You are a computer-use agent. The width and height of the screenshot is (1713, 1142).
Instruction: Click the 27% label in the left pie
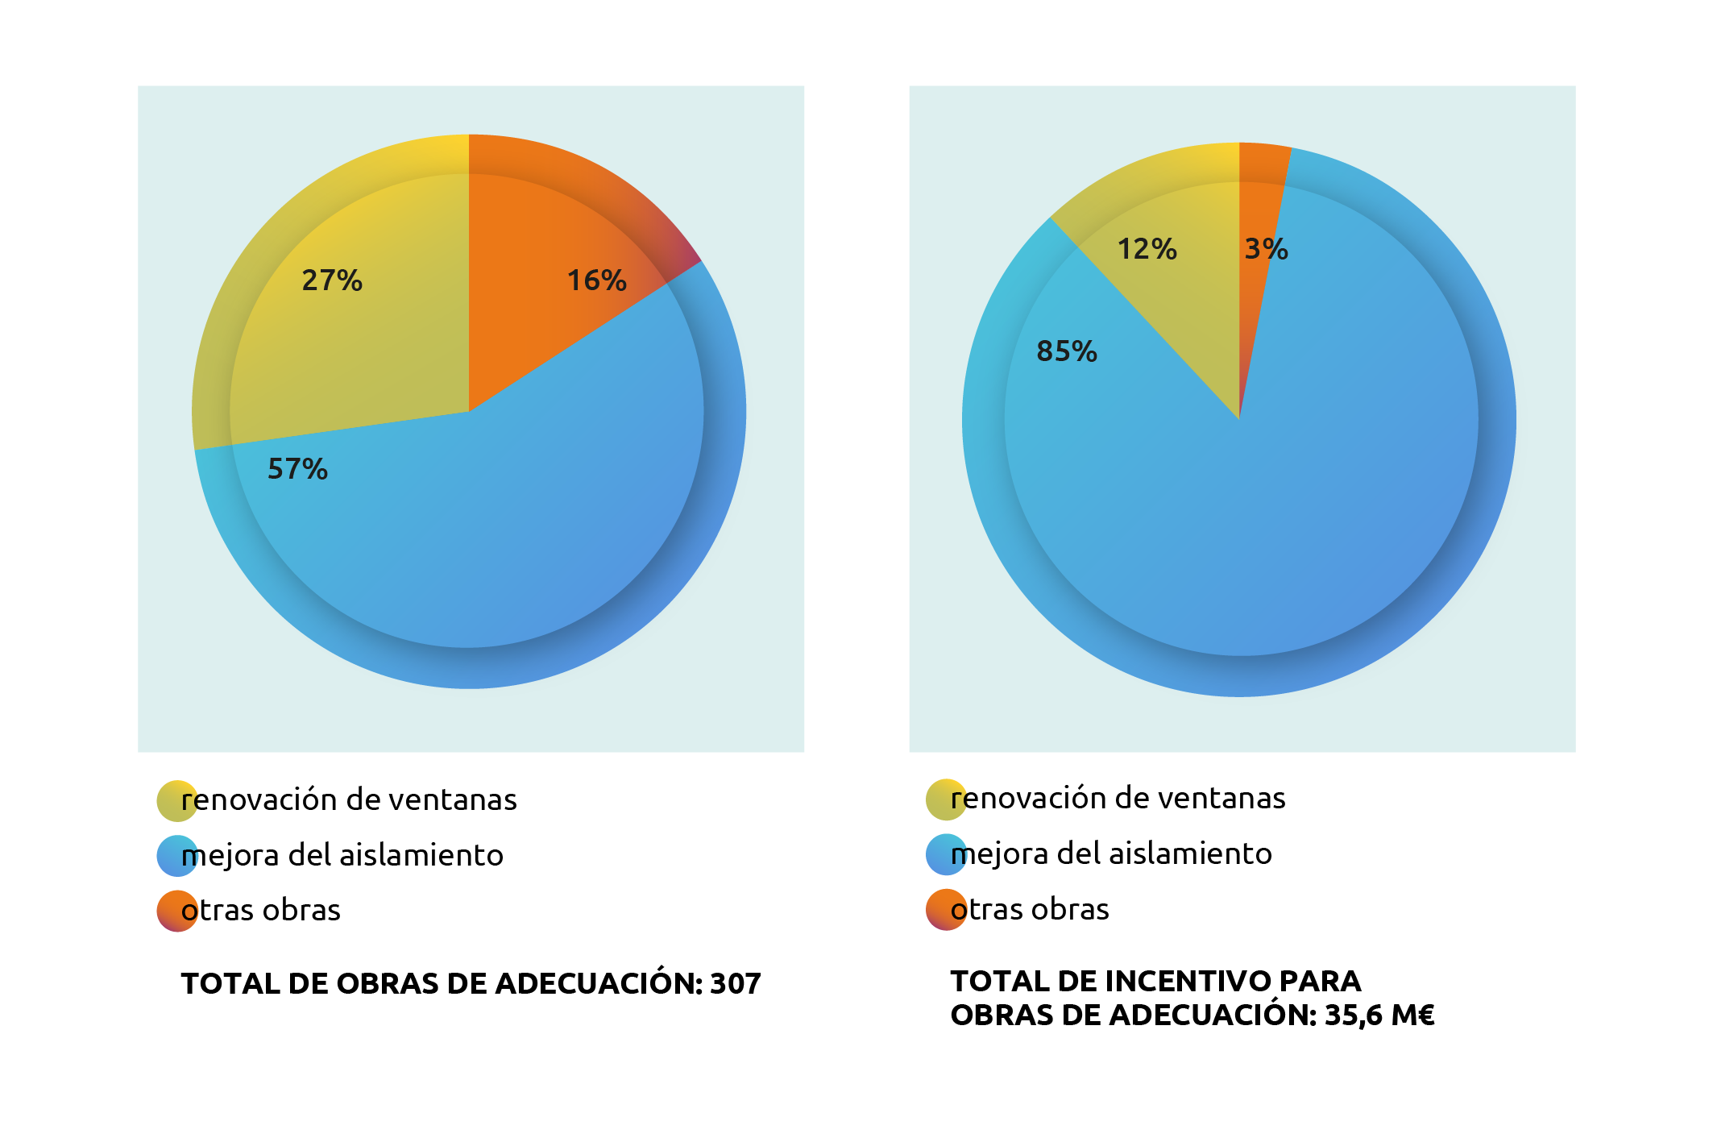click(332, 280)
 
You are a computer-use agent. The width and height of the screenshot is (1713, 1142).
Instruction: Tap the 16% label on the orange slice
click(596, 280)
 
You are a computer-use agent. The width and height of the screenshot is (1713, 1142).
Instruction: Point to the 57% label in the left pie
click(297, 469)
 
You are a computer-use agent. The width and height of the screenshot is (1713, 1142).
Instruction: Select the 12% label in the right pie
click(1147, 249)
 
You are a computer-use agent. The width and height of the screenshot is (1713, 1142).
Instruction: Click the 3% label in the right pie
click(1266, 249)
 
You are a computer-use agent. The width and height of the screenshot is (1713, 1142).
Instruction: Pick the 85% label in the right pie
click(1067, 351)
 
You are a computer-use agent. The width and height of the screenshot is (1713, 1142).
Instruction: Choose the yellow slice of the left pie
click(355, 338)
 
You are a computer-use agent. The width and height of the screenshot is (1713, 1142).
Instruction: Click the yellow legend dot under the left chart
click(177, 800)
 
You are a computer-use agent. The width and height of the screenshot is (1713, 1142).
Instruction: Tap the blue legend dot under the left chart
click(177, 856)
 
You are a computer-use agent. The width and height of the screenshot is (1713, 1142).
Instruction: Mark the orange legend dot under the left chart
click(177, 911)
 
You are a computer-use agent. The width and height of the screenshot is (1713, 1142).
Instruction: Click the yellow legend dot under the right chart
click(947, 799)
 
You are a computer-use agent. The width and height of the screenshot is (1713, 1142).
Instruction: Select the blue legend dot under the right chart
click(947, 854)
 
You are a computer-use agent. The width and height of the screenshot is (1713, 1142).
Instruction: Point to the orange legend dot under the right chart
click(947, 909)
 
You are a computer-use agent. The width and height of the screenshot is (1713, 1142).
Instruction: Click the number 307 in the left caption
click(735, 984)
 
